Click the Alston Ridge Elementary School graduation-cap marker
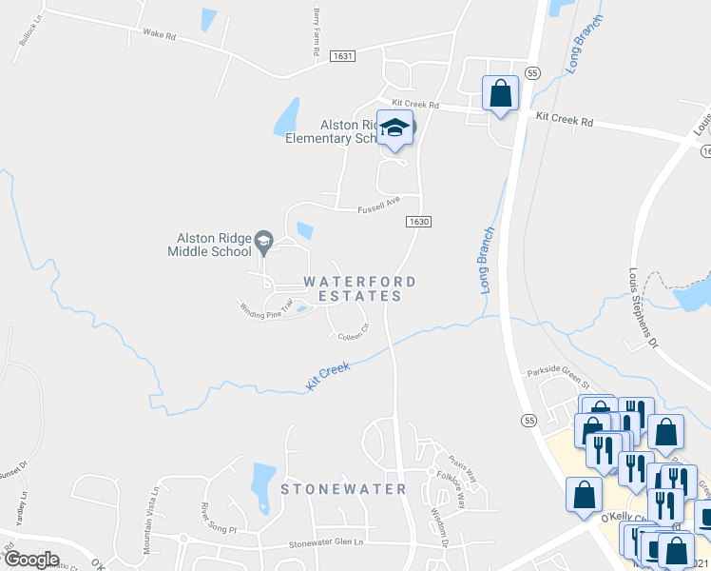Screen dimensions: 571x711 (x=394, y=128)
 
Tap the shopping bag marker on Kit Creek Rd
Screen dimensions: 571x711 (x=500, y=93)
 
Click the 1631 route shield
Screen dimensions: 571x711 (x=343, y=57)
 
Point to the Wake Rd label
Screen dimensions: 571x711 (x=160, y=34)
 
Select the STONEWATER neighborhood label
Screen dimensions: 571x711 (x=343, y=489)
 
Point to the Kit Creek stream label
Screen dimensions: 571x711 (x=328, y=372)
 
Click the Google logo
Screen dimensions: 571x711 (x=32, y=560)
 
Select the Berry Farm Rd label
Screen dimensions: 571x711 (x=317, y=30)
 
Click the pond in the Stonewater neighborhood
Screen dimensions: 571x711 (x=261, y=485)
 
